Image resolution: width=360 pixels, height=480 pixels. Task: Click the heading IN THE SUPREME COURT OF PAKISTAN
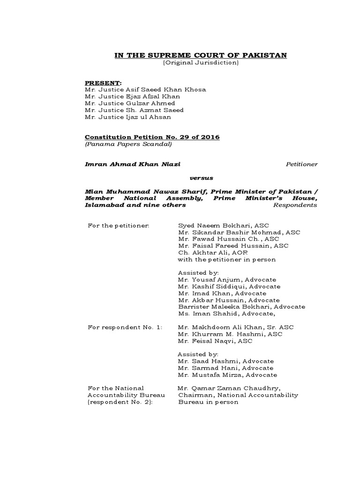click(x=201, y=55)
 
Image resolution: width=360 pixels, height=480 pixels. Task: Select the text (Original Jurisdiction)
click(x=201, y=63)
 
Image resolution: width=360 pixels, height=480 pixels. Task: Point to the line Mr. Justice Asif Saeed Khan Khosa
click(x=145, y=89)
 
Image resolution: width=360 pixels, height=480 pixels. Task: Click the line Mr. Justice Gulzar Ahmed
click(x=130, y=103)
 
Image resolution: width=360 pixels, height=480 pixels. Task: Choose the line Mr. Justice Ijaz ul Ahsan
click(x=128, y=117)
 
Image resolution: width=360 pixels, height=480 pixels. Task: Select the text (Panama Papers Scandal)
click(x=128, y=144)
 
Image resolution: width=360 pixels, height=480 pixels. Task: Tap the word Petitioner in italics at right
click(x=301, y=164)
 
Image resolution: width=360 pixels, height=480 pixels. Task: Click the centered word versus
click(x=201, y=178)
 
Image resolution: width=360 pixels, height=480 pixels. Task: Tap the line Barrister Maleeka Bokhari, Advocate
click(x=241, y=307)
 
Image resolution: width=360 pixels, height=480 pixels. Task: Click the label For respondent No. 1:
click(x=125, y=327)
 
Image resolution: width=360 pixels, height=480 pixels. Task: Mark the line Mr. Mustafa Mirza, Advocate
click(x=227, y=375)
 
